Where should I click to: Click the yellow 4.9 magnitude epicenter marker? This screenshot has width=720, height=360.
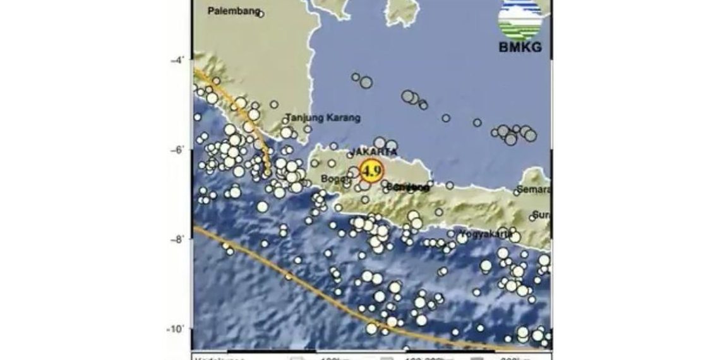coord(371,170)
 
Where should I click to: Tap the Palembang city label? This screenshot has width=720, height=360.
coord(233,11)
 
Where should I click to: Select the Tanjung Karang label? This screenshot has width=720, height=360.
coord(323,117)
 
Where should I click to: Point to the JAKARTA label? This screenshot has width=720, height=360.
coord(374,152)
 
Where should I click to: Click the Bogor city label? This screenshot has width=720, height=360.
coord(333,179)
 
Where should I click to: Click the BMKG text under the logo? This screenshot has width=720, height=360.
coord(520,48)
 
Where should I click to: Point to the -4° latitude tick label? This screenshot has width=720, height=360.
coord(177,60)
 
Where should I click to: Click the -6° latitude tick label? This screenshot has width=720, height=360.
coord(177,150)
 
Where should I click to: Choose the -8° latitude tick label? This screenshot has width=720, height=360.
coord(177,239)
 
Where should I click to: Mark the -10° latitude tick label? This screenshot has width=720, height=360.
coord(176,329)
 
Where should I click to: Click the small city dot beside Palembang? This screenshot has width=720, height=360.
coord(260,14)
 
